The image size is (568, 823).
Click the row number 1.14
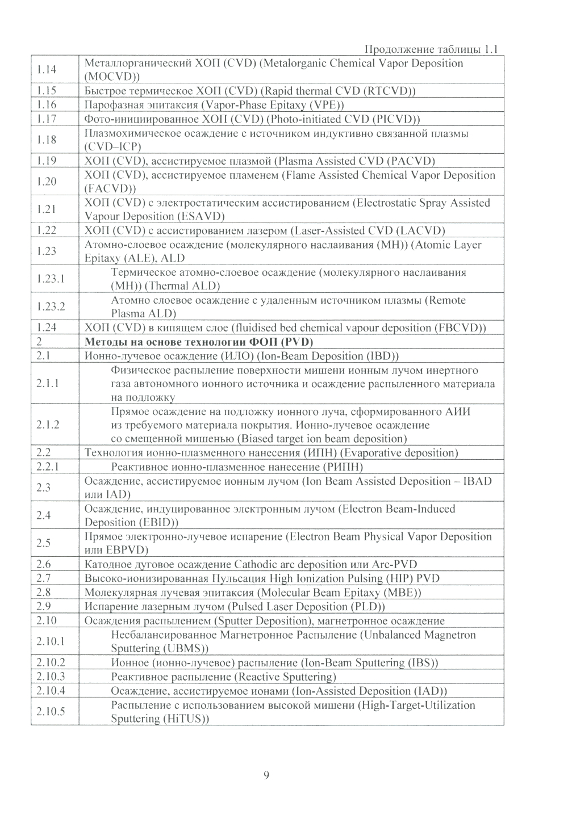(x=46, y=70)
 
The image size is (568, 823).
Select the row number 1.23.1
(x=51, y=279)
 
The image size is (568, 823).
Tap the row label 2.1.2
(x=48, y=425)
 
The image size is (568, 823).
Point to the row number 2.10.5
(x=51, y=712)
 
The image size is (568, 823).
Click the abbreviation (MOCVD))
(x=112, y=77)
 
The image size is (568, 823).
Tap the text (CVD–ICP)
(x=112, y=146)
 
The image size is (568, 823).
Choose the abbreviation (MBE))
(x=404, y=593)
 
